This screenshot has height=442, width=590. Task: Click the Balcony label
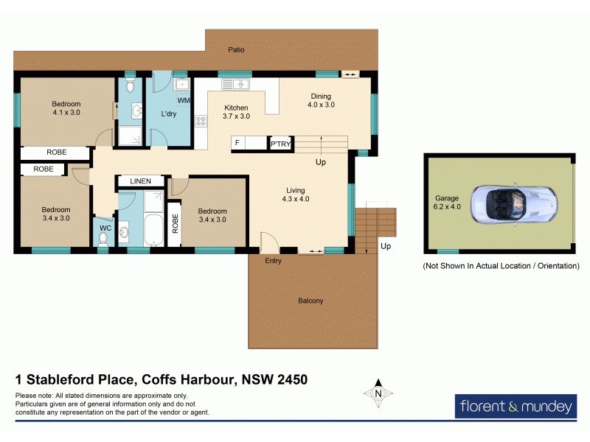click(310, 301)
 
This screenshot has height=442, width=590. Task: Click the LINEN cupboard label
click(140, 180)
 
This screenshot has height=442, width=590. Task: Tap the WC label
click(105, 228)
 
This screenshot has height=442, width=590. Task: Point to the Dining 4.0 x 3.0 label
click(321, 100)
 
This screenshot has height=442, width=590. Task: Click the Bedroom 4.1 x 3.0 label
click(66, 108)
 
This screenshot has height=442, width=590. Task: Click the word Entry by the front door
click(273, 261)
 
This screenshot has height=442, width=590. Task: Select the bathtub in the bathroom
click(153, 230)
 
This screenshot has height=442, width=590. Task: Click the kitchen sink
click(237, 84)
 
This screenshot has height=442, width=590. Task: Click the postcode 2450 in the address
click(288, 380)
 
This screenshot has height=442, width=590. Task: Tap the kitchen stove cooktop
click(200, 122)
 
